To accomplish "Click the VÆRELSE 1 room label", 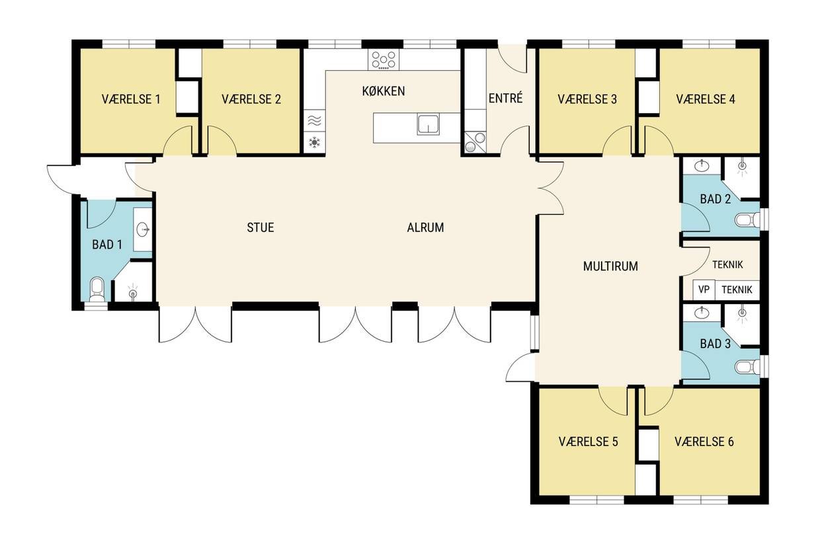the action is pos(131,99).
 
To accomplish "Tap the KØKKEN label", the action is pos(384,91).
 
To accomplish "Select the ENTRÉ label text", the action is pos(505,98).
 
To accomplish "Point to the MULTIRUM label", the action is pos(610,266).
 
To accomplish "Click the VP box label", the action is pos(704,290).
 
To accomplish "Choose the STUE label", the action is pos(261,227).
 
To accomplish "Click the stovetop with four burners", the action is pos(384,59).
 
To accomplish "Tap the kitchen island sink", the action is pos(428,124).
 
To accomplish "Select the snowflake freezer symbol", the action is pos(314,142).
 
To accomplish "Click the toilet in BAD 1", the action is pos(97,290).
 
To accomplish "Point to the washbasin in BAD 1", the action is pos(143,230).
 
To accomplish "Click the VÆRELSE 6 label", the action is pos(704,442).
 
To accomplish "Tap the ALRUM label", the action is pos(425,227).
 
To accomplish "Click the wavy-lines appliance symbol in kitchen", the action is pos(314,120).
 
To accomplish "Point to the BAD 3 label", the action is pos(715,343).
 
